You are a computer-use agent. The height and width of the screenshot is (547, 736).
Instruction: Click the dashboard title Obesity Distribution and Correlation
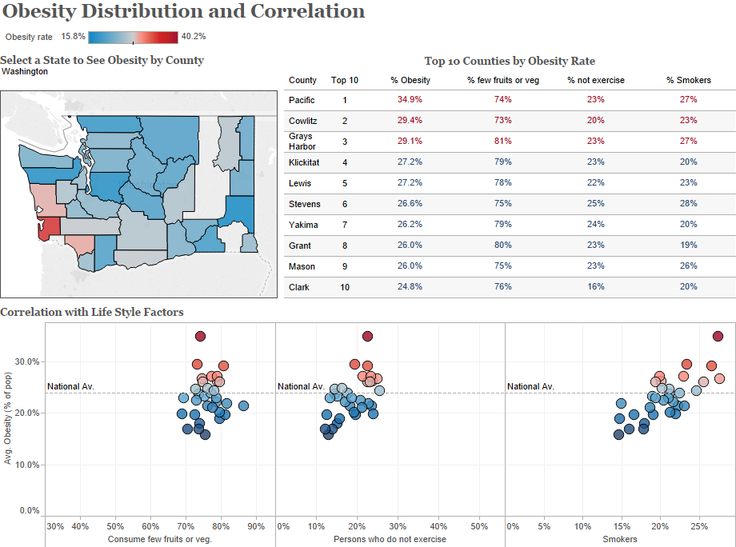(183, 12)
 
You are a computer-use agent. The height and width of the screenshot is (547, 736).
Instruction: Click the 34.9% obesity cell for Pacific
(410, 100)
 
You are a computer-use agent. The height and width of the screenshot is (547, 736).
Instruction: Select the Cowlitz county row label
(302, 121)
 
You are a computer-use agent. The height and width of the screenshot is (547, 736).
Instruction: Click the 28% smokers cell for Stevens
(688, 204)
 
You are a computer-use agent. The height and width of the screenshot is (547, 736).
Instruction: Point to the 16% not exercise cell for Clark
(595, 287)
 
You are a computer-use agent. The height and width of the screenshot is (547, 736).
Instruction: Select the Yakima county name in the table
(303, 225)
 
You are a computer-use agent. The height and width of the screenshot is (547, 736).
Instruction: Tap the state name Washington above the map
(25, 71)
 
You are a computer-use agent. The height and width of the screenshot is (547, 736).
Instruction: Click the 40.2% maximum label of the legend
(194, 36)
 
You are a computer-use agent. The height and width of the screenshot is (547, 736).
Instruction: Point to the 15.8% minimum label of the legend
(73, 36)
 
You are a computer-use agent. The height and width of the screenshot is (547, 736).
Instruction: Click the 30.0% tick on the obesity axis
(28, 361)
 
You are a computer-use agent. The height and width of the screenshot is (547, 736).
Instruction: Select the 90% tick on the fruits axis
(256, 526)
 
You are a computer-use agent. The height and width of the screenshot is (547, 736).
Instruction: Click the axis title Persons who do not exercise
(390, 540)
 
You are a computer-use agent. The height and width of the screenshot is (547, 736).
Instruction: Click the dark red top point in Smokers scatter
(718, 336)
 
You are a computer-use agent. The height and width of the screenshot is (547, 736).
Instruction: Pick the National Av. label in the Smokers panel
(530, 387)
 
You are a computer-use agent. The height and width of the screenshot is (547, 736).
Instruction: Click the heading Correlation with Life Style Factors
(92, 312)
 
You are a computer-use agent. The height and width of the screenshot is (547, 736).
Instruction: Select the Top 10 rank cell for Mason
(345, 266)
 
